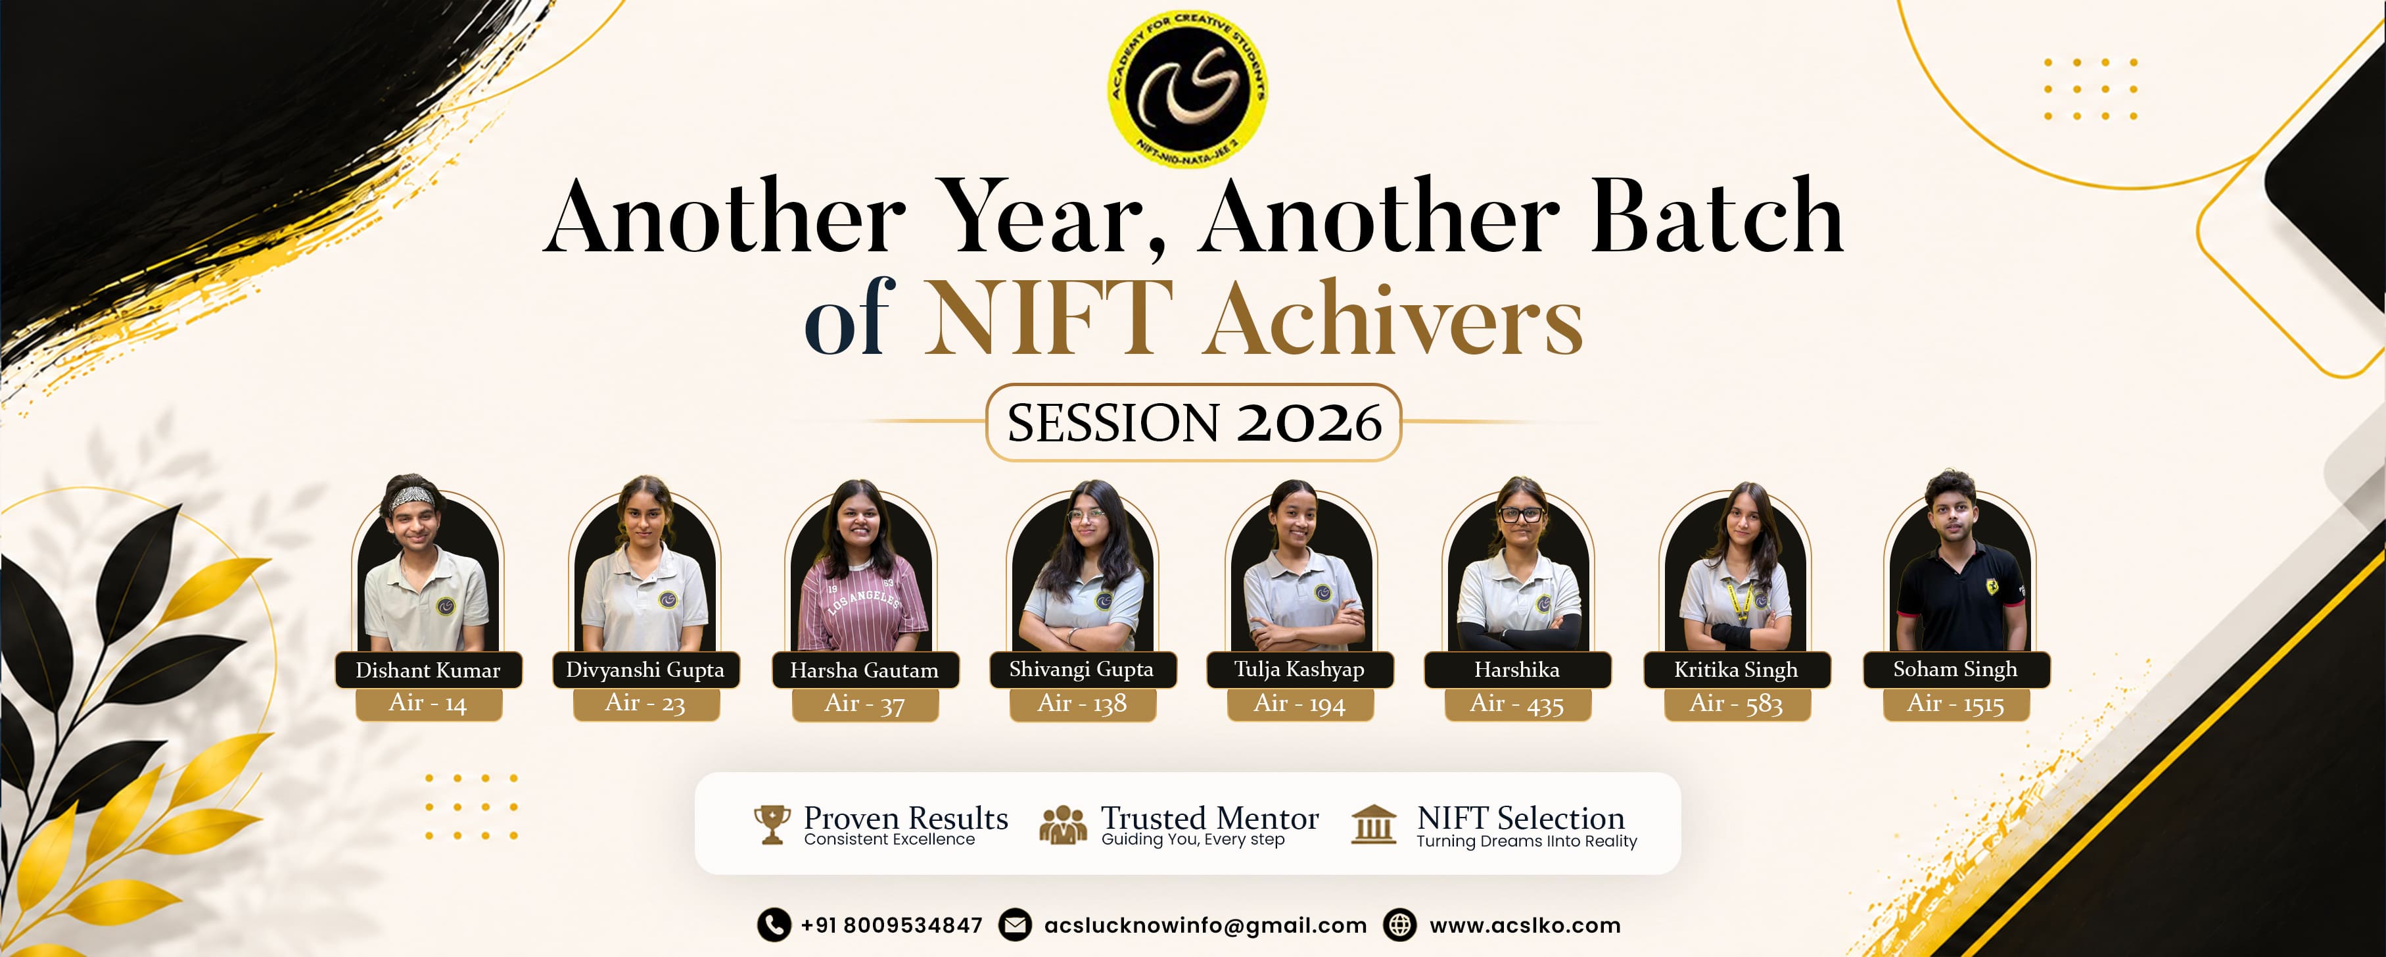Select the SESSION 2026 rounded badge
point(1193,422)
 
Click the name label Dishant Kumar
point(428,670)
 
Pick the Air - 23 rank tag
point(645,704)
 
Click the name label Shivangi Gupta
point(1082,669)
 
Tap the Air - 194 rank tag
point(1299,704)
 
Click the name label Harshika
point(1517,669)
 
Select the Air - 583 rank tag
point(1737,704)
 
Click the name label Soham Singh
point(1956,669)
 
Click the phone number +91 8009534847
point(891,925)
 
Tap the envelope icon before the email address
point(1015,925)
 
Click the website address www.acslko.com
point(1524,925)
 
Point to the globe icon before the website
point(1399,925)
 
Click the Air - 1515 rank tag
point(1956,704)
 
